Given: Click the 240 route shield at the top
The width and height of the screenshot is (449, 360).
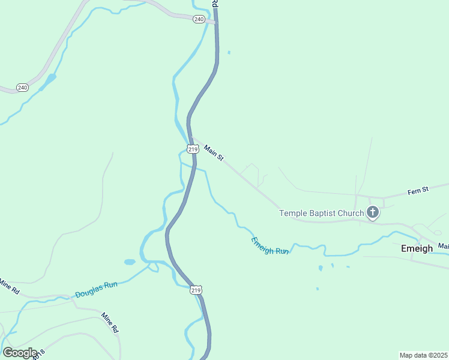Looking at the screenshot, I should tap(199, 19).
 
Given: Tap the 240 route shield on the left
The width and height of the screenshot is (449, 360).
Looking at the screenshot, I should tap(22, 88).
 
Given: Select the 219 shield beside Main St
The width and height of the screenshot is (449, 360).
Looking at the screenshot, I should tap(192, 149).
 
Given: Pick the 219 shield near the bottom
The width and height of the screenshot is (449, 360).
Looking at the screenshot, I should tap(196, 290).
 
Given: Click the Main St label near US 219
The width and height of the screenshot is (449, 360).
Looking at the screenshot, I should tap(213, 153).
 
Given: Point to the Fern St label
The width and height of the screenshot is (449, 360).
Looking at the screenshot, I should tap(418, 190).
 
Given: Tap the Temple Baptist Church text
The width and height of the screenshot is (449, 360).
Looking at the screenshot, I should tap(322, 213).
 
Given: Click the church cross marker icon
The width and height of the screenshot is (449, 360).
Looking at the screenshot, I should tap(373, 212).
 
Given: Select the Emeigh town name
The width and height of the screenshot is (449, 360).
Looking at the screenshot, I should tap(417, 248).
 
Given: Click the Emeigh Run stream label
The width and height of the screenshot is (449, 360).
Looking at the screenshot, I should tap(270, 246).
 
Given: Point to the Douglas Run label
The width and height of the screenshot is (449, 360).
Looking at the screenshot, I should tap(96, 290).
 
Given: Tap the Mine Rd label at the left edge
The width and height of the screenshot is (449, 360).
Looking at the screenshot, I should tap(8, 286).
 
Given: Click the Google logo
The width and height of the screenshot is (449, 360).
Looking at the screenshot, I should tap(19, 353).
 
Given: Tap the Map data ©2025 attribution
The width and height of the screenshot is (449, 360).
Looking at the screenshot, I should tap(423, 355).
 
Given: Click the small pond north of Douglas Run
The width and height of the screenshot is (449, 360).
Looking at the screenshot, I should tap(130, 262).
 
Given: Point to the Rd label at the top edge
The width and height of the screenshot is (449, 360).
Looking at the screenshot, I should tap(213, 4).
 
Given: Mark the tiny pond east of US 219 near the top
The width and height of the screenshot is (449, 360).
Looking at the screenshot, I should tap(229, 53).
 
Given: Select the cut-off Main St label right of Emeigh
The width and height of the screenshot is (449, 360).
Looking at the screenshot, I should tap(443, 246).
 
